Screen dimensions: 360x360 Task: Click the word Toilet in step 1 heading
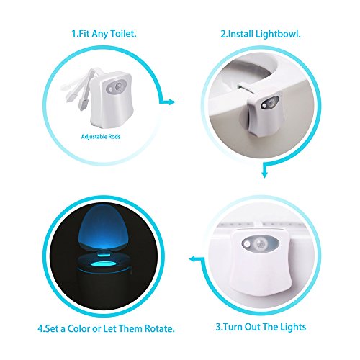point(123,33)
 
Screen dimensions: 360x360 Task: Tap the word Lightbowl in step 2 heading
point(278,34)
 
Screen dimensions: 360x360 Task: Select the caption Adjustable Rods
point(101,137)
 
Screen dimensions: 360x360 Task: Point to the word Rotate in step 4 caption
point(159,328)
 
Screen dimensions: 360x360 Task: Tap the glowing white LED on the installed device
point(264,106)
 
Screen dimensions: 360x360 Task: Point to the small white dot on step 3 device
point(246,244)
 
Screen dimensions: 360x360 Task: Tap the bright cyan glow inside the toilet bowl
point(104,265)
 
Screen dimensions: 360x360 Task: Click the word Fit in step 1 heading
point(84,33)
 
